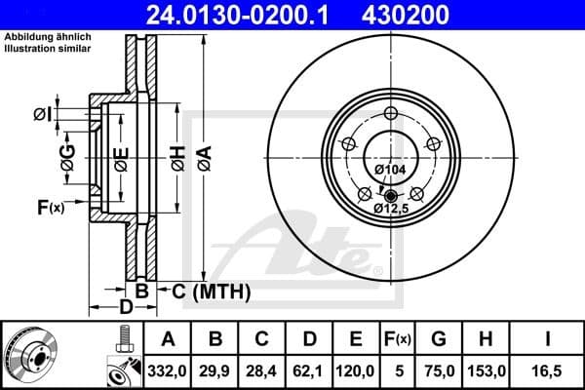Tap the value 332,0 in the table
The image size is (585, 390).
tap(168, 370)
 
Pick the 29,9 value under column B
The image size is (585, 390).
tap(215, 370)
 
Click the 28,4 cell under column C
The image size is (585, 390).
tap(262, 370)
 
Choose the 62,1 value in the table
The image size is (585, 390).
tap(309, 370)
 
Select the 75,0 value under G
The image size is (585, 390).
tap(441, 370)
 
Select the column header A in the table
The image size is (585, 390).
tap(168, 338)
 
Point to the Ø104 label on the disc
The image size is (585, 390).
tap(391, 170)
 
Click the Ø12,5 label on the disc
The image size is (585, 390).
tap(391, 206)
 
